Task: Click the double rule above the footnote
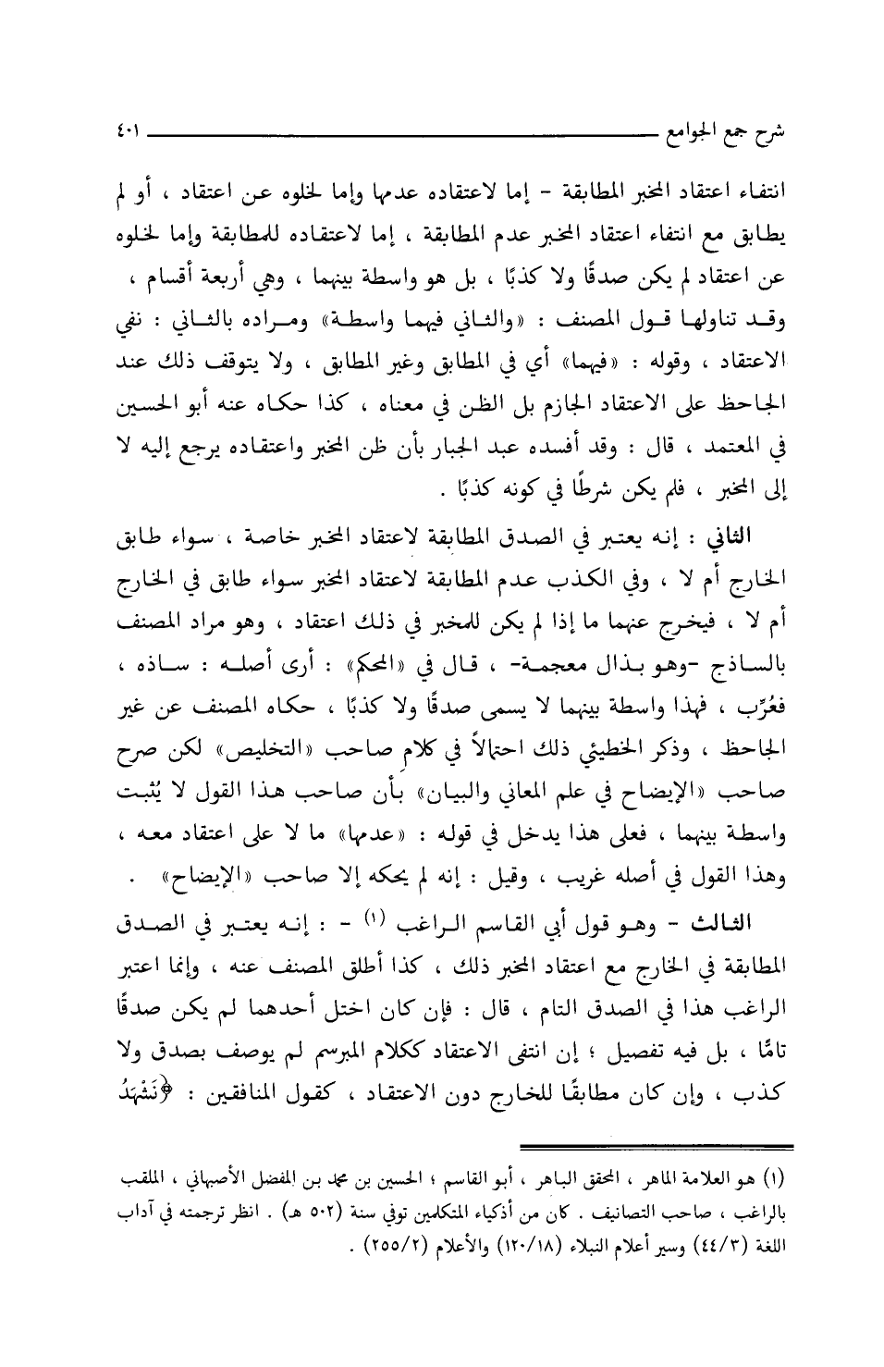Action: pyautogui.click(x=657, y=1147)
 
